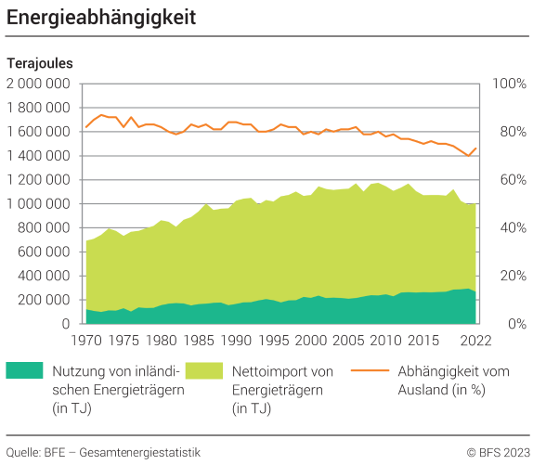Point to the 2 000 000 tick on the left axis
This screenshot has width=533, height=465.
(x=39, y=84)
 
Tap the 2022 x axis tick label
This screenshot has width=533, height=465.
(x=476, y=340)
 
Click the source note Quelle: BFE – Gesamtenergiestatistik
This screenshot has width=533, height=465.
(x=103, y=452)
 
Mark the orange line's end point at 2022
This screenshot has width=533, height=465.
(x=476, y=148)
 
